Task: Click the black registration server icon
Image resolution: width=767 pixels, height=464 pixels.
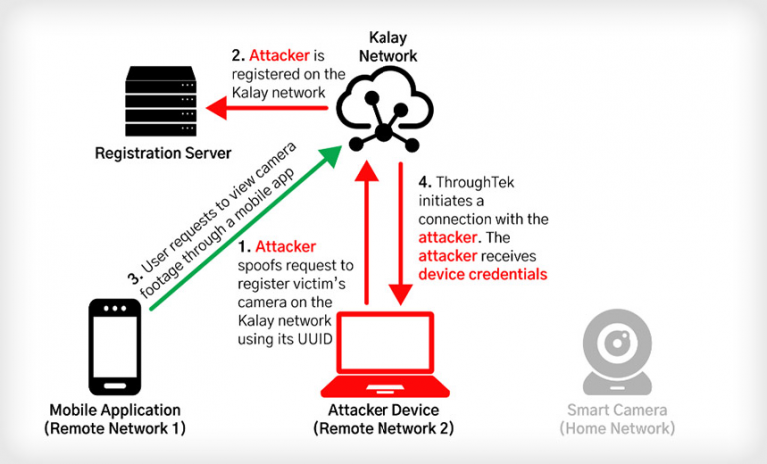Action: (161, 101)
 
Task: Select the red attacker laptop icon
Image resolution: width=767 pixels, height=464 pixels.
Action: (384, 354)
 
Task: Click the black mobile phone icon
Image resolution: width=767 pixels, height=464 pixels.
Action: (115, 347)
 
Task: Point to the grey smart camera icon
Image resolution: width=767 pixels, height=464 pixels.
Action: (617, 352)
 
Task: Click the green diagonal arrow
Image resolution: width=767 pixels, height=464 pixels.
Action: (245, 228)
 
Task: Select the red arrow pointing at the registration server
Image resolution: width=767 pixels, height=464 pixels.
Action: (266, 108)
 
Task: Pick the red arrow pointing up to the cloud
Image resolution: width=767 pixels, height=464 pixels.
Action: (366, 233)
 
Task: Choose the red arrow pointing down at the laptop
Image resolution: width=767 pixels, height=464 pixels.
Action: (401, 233)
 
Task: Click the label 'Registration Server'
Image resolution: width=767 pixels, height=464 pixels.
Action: (163, 153)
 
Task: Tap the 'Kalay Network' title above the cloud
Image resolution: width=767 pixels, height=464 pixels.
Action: (387, 47)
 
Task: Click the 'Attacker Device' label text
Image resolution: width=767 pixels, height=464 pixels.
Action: (383, 410)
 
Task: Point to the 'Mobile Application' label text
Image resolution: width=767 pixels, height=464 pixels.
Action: (115, 410)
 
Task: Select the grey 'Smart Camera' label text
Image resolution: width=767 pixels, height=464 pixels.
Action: (617, 410)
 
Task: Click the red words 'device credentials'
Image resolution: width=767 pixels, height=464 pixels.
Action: (483, 274)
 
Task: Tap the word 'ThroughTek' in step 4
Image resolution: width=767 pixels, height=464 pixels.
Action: (475, 182)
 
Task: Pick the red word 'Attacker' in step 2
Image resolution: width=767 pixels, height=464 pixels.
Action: (279, 56)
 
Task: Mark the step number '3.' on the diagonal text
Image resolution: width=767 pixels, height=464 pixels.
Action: (135, 278)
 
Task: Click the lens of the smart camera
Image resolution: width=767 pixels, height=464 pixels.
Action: (618, 342)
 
